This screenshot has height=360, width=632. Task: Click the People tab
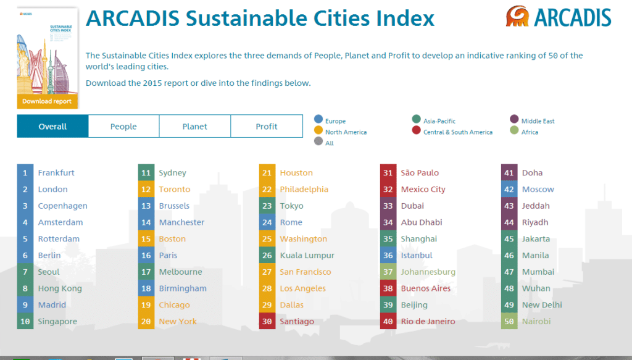123,127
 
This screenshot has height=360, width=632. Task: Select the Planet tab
195,127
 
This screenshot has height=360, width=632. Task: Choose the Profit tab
267,127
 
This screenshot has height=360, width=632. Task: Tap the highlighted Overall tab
52,127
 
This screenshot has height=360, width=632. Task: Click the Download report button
47,101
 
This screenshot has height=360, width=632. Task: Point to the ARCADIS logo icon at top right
517,17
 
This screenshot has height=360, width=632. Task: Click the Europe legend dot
318,119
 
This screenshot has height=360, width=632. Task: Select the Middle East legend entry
538,122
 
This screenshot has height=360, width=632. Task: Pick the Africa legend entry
530,132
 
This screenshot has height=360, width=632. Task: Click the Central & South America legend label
458,132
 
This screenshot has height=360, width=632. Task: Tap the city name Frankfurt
56,173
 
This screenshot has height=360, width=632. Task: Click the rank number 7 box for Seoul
25,272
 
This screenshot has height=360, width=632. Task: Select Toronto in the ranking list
175,190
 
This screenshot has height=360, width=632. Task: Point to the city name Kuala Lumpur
307,256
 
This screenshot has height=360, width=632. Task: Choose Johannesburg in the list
428,272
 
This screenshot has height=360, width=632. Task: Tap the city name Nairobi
536,321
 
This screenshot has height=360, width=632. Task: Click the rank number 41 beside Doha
509,173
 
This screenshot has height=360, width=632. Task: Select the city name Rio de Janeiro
428,321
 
